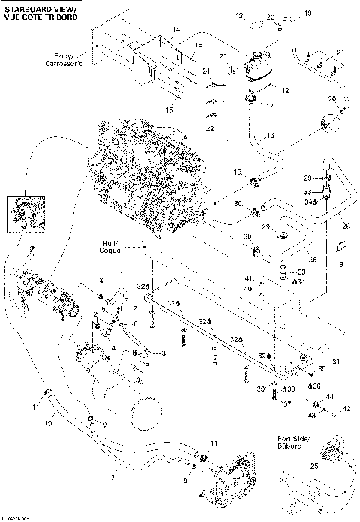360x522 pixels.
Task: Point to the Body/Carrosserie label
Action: (72, 58)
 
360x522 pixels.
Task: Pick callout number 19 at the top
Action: (307, 13)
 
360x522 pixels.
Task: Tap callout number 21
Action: (340, 52)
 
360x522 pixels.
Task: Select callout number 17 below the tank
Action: (271, 106)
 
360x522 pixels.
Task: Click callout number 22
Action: (208, 129)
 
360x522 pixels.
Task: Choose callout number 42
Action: (346, 409)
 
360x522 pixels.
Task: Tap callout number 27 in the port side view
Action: (283, 481)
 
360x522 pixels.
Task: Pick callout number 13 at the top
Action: (240, 16)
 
